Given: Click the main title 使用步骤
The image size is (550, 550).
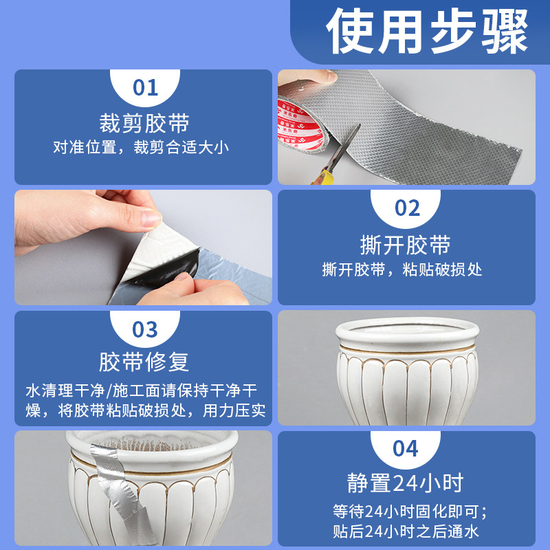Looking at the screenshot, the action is pyautogui.click(x=427, y=32).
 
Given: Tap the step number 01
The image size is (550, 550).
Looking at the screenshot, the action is pyautogui.click(x=145, y=88).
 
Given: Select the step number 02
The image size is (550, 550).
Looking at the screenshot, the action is pyautogui.click(x=407, y=208).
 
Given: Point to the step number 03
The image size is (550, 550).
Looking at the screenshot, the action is pyautogui.click(x=145, y=330).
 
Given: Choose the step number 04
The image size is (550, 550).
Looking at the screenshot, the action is pyautogui.click(x=406, y=449).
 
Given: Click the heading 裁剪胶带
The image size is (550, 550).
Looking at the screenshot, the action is pyautogui.click(x=144, y=123).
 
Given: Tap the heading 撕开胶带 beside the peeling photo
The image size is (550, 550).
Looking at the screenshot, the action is pyautogui.click(x=406, y=245).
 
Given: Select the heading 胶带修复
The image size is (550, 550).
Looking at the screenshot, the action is pyautogui.click(x=144, y=362).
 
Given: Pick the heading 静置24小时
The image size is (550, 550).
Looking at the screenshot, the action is pyautogui.click(x=406, y=483).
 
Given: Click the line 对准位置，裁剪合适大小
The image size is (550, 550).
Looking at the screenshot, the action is pyautogui.click(x=141, y=147).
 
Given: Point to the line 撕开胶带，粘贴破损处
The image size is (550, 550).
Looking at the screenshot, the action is pyautogui.click(x=402, y=269).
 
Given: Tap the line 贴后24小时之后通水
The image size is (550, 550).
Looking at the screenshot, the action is pyautogui.click(x=406, y=531).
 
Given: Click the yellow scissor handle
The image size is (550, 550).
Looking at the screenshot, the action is pyautogui.click(x=322, y=177).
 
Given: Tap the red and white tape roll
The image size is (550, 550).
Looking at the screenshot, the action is pyautogui.click(x=300, y=124).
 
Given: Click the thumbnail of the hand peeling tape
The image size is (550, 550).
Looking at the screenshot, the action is pyautogui.click(x=143, y=247).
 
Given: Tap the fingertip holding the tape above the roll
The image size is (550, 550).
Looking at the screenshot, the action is pyautogui.click(x=324, y=76).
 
